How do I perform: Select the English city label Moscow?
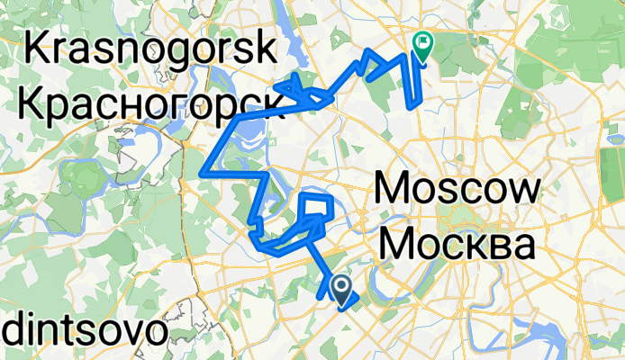click(457, 190)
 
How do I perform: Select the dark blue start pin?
click(343, 288)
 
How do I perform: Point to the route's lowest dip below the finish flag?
click(413, 105)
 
